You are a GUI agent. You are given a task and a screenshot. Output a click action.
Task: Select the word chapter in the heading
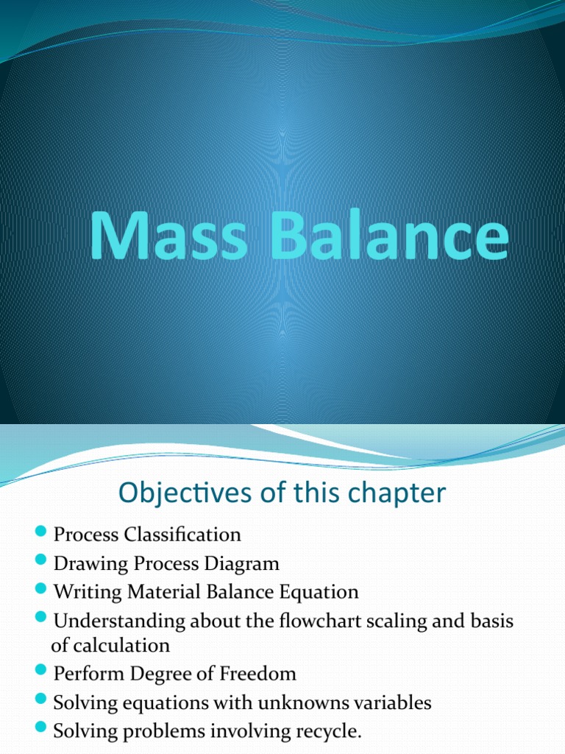401,493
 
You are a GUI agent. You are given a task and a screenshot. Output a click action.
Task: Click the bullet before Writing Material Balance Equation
40,591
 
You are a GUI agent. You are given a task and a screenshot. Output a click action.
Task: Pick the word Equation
320,592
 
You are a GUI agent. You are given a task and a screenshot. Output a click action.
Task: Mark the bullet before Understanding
40,619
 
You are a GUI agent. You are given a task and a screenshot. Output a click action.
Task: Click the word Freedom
259,674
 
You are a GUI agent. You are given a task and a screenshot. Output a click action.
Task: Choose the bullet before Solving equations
40,701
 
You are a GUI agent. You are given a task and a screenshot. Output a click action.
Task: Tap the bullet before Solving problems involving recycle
40,729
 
